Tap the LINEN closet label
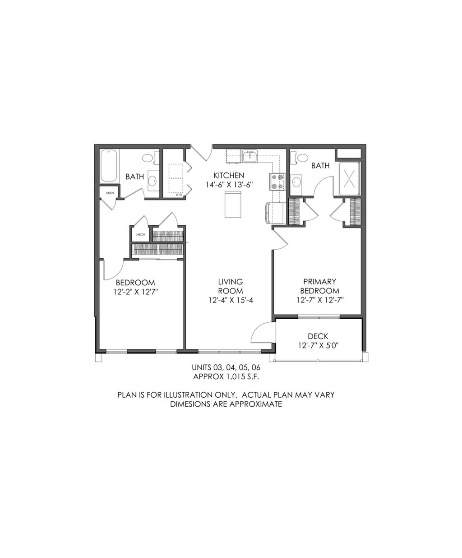point(109,193)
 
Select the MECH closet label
point(140,234)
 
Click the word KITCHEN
point(229,175)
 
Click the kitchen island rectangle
point(233,205)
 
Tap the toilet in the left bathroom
point(148,159)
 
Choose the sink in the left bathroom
point(152,181)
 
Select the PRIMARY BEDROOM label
point(320,286)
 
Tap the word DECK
point(318,336)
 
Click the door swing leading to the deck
point(261,332)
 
